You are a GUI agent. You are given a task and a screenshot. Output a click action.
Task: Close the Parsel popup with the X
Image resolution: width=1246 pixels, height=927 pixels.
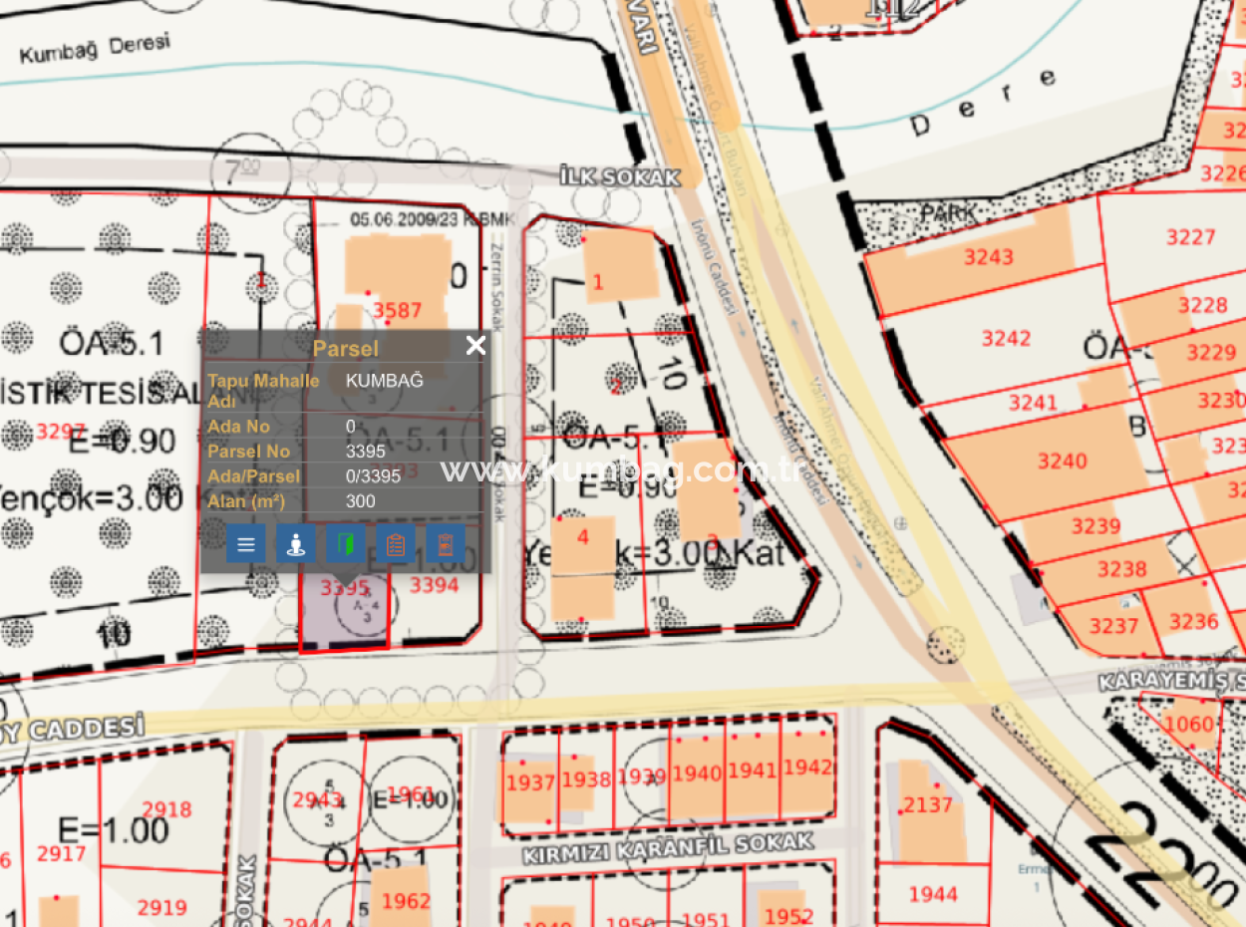tap(475, 346)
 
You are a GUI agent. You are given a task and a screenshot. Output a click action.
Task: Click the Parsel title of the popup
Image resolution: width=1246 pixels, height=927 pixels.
tap(346, 348)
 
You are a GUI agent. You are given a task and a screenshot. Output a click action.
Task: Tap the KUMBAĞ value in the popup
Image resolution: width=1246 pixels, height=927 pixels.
tap(385, 381)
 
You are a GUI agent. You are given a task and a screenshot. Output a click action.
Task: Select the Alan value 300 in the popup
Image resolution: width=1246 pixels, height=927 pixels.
tap(361, 501)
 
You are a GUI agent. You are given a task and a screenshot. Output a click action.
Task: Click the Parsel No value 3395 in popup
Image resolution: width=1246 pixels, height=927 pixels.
tap(366, 452)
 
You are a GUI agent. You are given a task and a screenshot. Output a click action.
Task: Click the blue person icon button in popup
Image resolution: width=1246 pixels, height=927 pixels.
tap(296, 544)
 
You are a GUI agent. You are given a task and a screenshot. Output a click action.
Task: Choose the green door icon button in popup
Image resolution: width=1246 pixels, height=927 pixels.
tap(346, 544)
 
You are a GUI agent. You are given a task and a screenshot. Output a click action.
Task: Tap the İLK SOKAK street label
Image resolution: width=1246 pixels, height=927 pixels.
tap(620, 177)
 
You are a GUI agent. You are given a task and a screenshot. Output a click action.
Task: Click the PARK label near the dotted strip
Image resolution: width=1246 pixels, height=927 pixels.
tap(948, 212)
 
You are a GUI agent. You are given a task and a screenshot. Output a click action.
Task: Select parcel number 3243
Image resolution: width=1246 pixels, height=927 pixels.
tap(988, 257)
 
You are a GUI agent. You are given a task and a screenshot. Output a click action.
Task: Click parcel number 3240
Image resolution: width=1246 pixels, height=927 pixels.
tap(1063, 461)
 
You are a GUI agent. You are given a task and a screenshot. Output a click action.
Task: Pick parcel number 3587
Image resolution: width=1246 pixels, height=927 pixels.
tap(398, 311)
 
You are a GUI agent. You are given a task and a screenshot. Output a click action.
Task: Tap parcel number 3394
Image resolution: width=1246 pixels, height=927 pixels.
tap(435, 585)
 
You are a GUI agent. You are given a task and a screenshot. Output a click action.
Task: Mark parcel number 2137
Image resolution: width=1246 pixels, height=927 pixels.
tap(928, 804)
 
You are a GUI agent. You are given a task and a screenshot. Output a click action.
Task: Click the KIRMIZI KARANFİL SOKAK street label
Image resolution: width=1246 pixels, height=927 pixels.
tap(668, 849)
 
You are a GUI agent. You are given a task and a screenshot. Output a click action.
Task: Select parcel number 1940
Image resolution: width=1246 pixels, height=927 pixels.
tap(697, 773)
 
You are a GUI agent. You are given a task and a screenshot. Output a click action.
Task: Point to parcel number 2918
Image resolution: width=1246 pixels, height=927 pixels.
tap(166, 809)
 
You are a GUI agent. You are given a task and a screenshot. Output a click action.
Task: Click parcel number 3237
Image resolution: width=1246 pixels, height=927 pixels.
tap(1113, 626)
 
